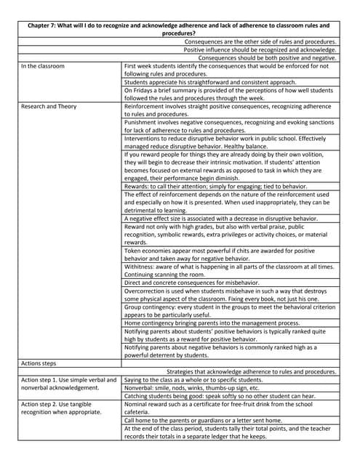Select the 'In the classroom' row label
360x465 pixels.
(x=43, y=66)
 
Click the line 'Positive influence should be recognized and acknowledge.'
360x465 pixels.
(x=260, y=50)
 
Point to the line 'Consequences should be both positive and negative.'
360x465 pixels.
(x=267, y=58)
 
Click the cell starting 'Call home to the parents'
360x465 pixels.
(x=210, y=420)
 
